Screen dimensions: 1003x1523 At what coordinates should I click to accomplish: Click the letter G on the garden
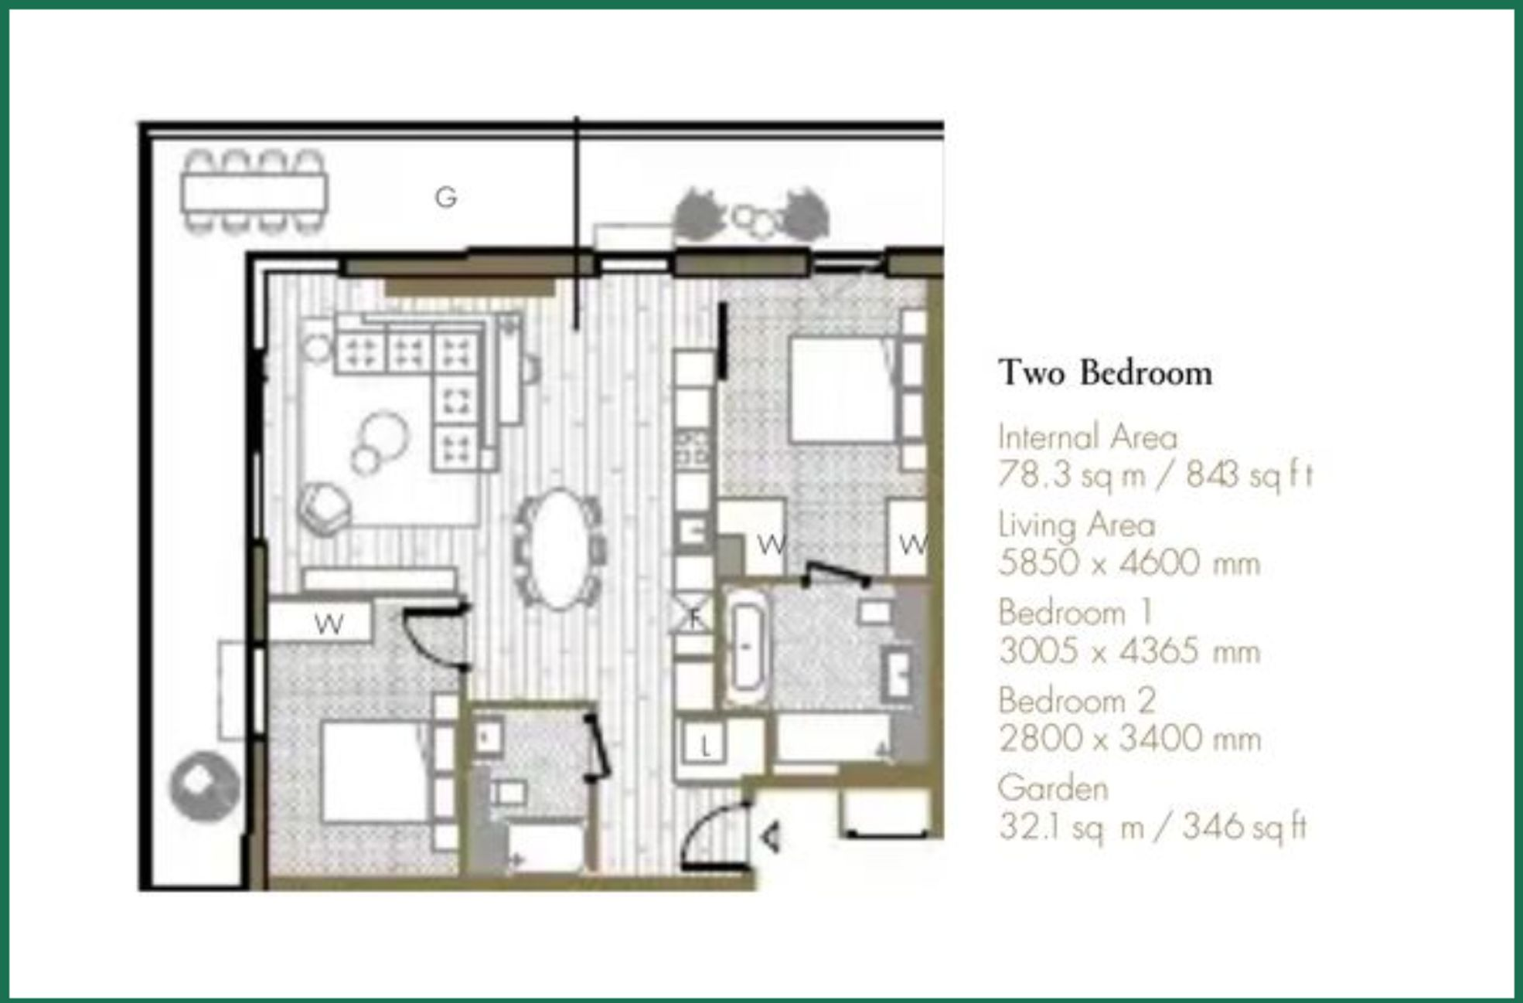point(445,198)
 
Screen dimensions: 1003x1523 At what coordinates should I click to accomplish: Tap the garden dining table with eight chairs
point(254,192)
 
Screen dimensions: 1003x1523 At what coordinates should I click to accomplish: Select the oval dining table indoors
point(560,548)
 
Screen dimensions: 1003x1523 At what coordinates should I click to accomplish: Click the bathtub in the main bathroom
point(746,647)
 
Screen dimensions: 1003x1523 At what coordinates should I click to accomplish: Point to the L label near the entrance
point(704,746)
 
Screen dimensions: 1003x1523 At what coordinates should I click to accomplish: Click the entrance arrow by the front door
point(771,837)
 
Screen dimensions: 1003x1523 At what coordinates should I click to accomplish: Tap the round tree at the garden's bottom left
point(205,786)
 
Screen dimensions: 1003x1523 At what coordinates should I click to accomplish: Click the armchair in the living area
point(323,508)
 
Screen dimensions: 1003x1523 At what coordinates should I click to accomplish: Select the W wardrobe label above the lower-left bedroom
point(329,624)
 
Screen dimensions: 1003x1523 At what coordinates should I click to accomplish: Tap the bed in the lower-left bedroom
point(375,771)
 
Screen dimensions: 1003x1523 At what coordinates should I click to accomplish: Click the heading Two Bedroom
point(1105,373)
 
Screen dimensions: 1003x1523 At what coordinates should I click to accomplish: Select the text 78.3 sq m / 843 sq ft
point(1155,474)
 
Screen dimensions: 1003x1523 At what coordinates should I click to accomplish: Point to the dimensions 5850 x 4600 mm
point(1129,563)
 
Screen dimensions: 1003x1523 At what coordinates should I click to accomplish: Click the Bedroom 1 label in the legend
point(1075,614)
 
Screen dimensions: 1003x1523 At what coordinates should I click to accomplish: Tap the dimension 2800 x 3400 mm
point(1129,739)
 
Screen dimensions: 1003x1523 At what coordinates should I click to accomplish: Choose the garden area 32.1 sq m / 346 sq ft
point(1152,827)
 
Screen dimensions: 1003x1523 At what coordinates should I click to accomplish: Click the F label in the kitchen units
point(694,617)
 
